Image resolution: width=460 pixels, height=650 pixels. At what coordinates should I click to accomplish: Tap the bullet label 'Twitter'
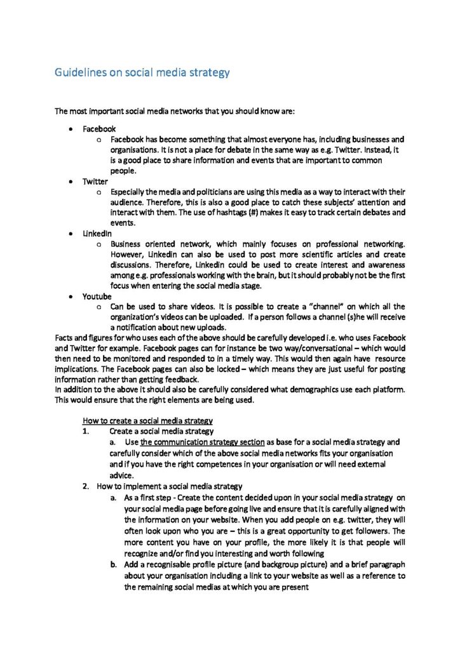point(95,181)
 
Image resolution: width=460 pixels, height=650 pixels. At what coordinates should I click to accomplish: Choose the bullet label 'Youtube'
point(97,296)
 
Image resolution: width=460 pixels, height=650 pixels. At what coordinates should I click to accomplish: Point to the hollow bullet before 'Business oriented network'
point(98,244)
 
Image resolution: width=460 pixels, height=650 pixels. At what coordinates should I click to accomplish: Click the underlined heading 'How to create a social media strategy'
point(147,420)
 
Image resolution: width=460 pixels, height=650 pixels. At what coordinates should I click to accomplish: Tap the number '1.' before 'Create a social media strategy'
point(86,431)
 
